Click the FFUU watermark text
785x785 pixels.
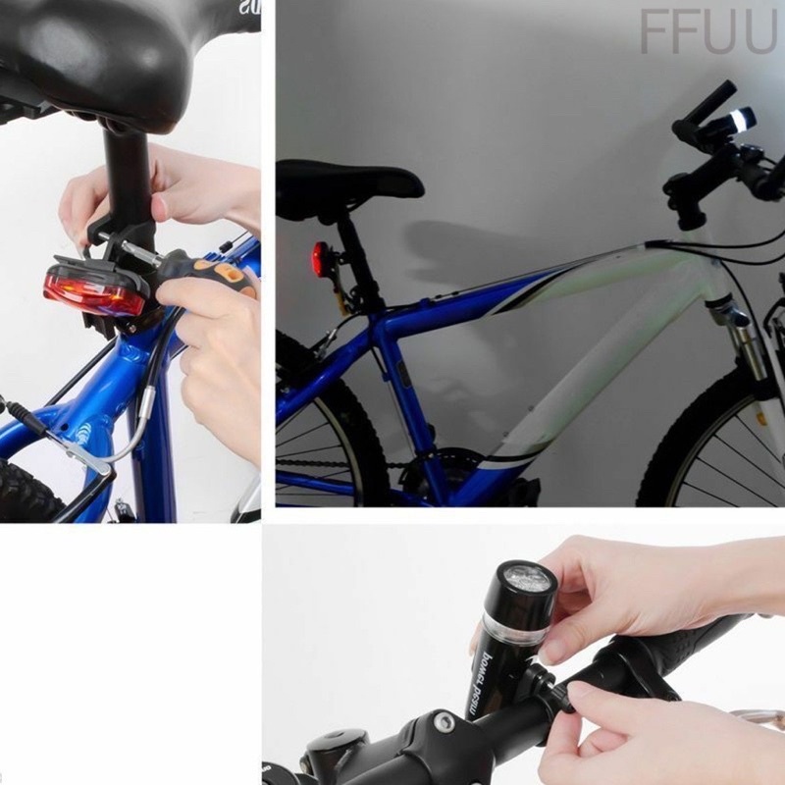[706, 32]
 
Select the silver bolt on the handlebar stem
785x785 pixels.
[444, 723]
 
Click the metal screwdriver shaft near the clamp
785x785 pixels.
[142, 254]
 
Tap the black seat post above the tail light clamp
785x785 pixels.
[127, 177]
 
